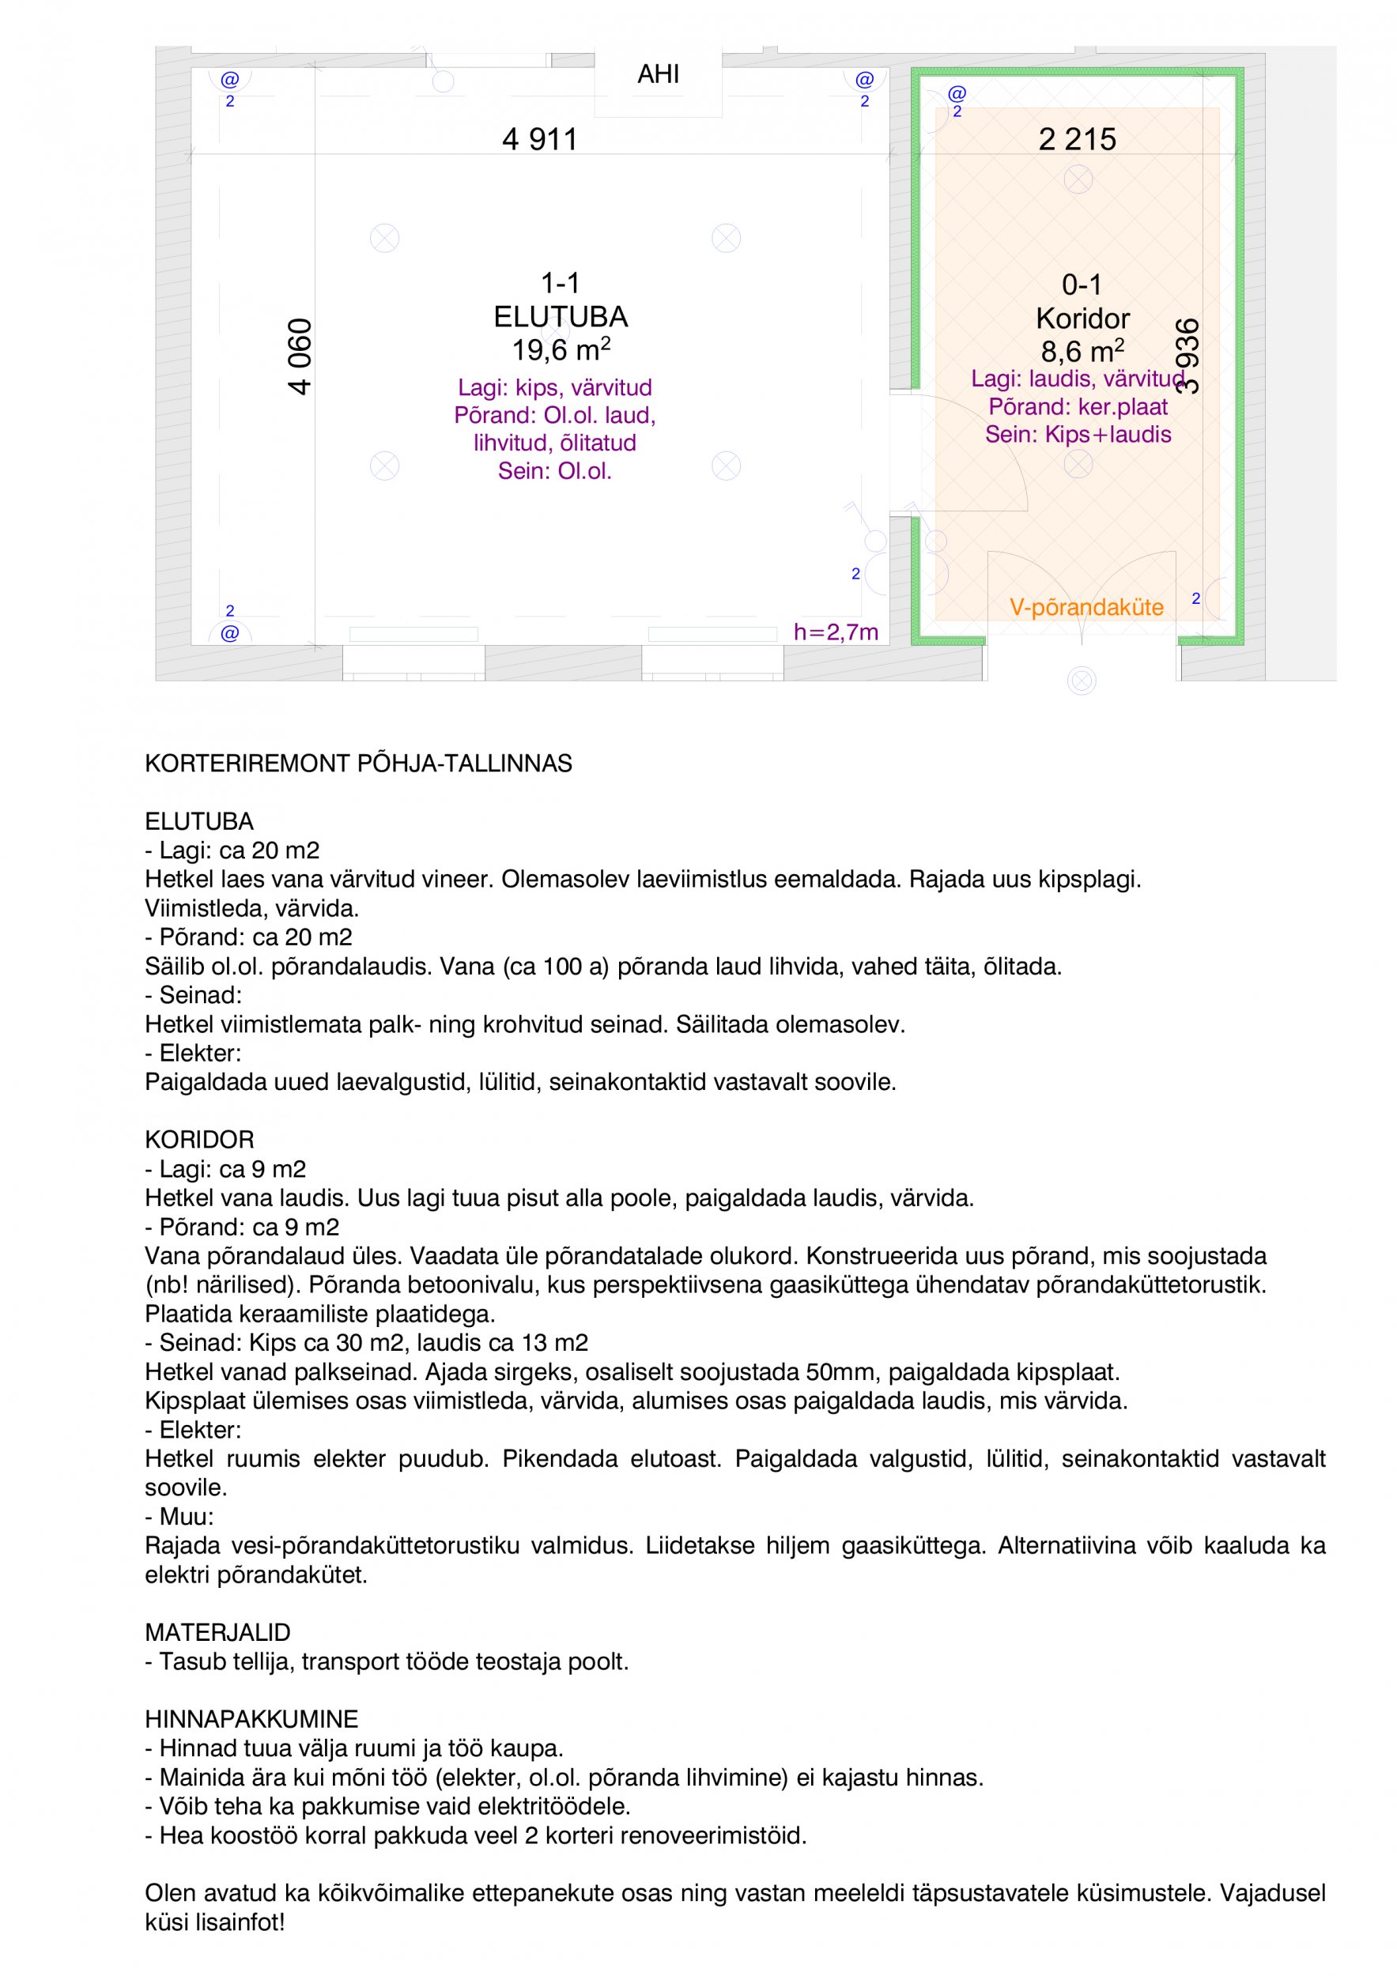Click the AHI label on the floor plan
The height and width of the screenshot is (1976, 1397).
tap(658, 74)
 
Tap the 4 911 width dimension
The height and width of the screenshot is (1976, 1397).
tap(540, 138)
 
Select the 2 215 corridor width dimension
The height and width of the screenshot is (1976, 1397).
tap(1077, 138)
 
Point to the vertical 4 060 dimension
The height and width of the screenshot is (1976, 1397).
tap(300, 356)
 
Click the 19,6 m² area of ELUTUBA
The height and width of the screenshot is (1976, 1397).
tap(561, 350)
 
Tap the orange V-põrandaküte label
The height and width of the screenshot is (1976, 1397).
tap(1086, 607)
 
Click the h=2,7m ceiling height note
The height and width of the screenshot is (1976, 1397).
tap(835, 632)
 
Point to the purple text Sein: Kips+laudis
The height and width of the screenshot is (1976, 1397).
tap(1078, 435)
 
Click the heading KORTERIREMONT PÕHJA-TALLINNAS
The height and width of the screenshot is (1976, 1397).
tap(358, 764)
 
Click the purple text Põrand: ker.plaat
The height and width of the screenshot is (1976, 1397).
tap(1078, 407)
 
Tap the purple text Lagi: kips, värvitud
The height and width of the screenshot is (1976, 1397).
tap(554, 387)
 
